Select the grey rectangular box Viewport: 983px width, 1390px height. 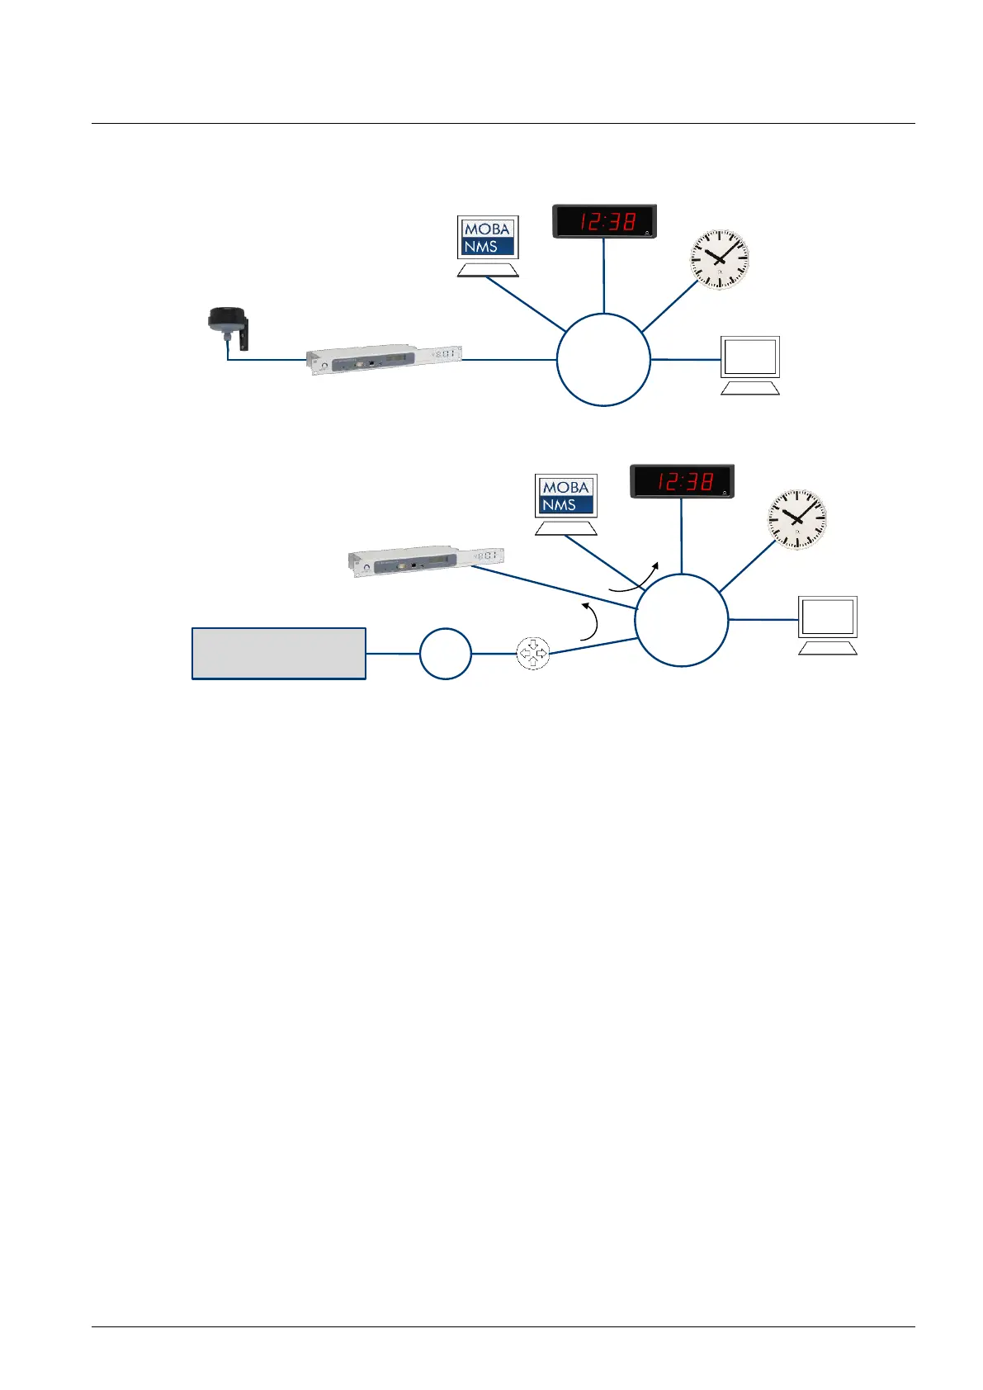coord(279,653)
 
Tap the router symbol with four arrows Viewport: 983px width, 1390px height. coord(532,654)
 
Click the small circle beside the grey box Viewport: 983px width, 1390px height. coord(445,653)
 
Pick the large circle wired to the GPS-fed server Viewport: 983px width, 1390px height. coord(603,360)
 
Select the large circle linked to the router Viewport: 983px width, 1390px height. coord(681,619)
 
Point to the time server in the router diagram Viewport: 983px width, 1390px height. coord(425,560)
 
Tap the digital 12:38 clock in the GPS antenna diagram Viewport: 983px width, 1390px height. coord(604,221)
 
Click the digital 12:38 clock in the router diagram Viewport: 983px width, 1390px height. coord(682,481)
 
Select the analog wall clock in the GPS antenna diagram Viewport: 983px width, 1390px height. coord(719,259)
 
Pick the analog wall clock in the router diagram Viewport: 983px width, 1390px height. coord(796,519)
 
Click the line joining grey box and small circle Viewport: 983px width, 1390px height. coord(393,653)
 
